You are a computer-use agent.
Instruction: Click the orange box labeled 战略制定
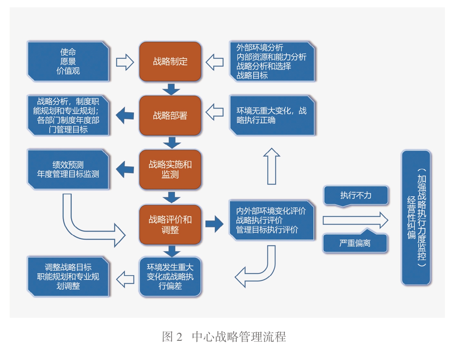[170, 62]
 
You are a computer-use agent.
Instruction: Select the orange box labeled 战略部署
[170, 115]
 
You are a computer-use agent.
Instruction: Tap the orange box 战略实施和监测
[170, 169]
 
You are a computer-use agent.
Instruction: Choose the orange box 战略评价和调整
[170, 224]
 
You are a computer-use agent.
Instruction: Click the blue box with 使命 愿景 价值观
[68, 62]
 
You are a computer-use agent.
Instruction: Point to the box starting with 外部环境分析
[271, 62]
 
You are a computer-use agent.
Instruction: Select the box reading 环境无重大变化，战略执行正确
[271, 115]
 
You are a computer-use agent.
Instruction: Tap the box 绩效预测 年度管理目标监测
[68, 169]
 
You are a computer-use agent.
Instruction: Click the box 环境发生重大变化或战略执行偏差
[170, 277]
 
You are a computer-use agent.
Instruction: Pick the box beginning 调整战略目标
[68, 277]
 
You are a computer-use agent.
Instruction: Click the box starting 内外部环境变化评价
[271, 220]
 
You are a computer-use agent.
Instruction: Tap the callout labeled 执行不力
[355, 195]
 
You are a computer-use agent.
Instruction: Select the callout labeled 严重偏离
[355, 243]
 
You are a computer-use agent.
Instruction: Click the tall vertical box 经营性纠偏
[416, 217]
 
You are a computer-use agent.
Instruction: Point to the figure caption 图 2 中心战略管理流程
[224, 336]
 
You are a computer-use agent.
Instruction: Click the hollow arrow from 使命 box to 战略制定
[125, 62]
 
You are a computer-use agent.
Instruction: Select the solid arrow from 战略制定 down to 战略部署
[171, 89]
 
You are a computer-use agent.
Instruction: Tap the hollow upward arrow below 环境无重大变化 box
[271, 166]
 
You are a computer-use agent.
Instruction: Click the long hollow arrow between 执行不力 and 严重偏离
[355, 220]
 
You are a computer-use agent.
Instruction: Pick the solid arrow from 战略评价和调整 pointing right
[214, 224]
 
